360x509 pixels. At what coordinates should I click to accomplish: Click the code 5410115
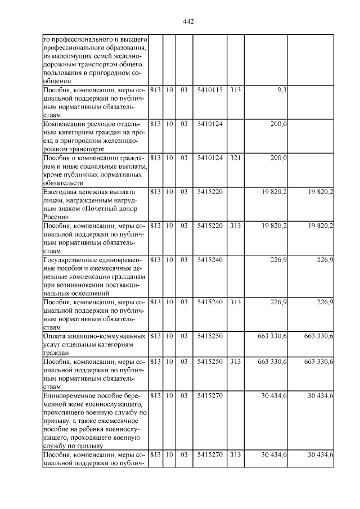point(210,90)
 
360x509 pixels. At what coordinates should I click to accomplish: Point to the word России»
point(56,217)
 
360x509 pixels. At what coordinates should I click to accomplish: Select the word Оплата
point(55,336)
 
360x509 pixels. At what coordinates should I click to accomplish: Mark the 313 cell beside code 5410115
point(235,90)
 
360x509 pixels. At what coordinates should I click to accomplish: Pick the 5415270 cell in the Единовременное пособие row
point(210,395)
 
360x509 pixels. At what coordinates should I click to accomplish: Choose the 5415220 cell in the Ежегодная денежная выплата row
point(210,192)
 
